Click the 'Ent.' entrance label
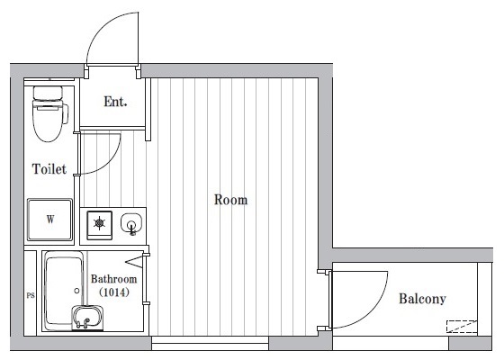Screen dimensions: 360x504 pyautogui.click(x=115, y=102)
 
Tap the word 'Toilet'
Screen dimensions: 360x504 pyautogui.click(x=49, y=169)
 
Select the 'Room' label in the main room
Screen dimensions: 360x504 pyautogui.click(x=230, y=200)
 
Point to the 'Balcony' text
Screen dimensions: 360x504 pyautogui.click(x=422, y=300)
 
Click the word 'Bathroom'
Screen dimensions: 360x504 pyautogui.click(x=113, y=280)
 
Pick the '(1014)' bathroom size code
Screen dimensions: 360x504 pyautogui.click(x=112, y=292)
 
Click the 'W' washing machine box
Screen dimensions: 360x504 pyautogui.click(x=50, y=219)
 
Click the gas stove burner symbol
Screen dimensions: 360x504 pyautogui.click(x=98, y=223)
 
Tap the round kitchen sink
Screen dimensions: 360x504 pyautogui.click(x=130, y=223)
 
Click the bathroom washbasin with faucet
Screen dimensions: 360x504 pyautogui.click(x=86, y=318)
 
